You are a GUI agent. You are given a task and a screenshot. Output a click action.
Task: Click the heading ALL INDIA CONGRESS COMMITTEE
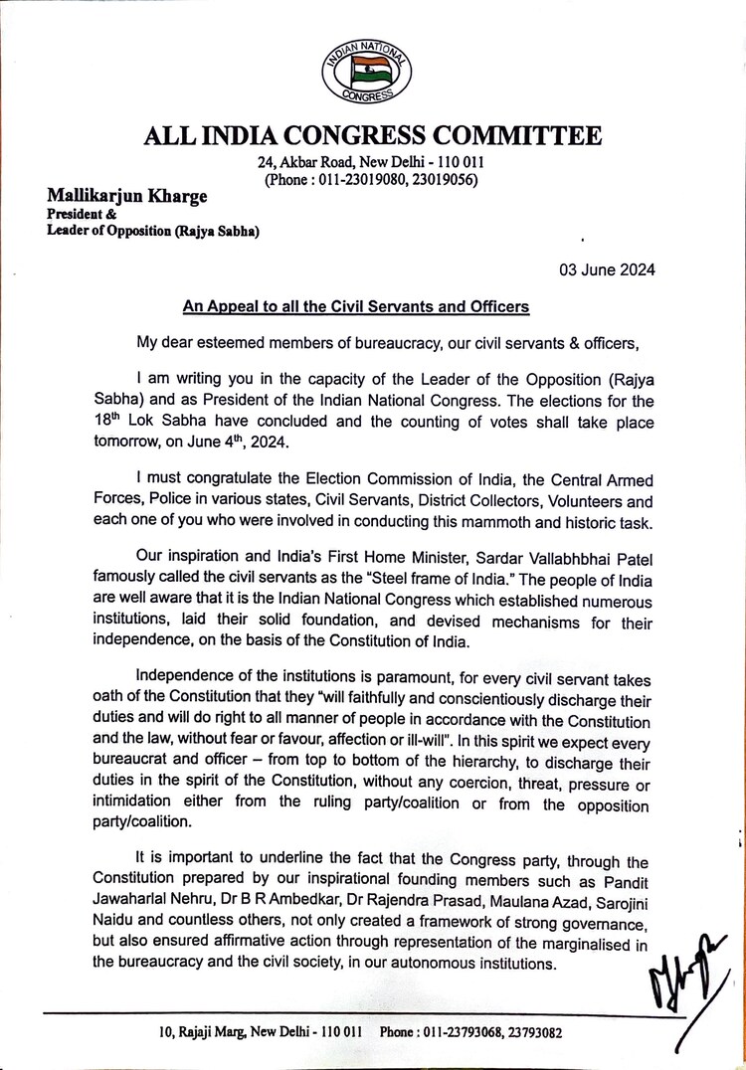point(373,134)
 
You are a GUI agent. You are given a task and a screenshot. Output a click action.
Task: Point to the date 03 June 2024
point(605,269)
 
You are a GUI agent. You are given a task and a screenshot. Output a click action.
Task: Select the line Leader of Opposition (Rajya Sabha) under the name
point(146,232)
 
